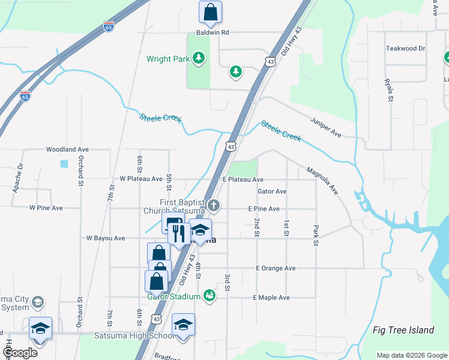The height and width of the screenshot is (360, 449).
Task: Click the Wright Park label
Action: [x=168, y=59]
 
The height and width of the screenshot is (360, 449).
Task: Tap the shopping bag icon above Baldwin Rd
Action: [x=210, y=11]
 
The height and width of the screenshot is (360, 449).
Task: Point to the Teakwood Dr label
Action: [x=405, y=48]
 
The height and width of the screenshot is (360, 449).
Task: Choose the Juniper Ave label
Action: [x=326, y=127]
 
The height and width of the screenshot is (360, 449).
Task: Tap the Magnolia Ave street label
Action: [x=322, y=181]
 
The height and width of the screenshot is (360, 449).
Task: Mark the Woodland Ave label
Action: [x=67, y=149]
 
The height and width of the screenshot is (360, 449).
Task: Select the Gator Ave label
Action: [x=272, y=191]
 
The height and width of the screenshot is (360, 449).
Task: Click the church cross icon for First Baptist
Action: [x=214, y=206]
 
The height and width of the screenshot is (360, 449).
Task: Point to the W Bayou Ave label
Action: [x=105, y=238]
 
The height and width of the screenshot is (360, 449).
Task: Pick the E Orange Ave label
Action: [x=276, y=268]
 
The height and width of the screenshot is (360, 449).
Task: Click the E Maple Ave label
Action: [x=271, y=298]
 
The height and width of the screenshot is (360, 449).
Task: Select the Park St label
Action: [x=315, y=236]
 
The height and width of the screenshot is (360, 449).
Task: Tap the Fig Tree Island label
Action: [x=403, y=330]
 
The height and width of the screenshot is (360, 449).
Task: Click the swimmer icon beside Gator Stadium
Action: [x=209, y=295]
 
